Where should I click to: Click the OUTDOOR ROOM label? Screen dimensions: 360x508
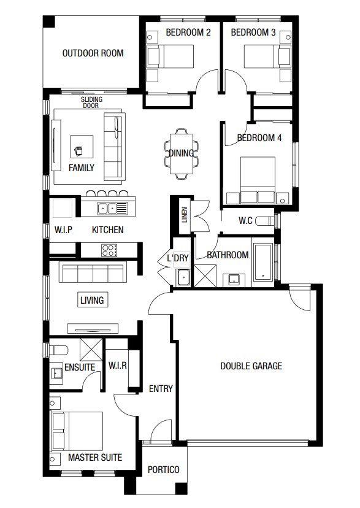pos(93,53)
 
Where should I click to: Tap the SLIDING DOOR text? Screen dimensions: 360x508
pos(91,102)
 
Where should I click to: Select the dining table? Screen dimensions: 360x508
pos(182,154)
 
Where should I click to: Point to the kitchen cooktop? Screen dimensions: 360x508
pos(109,250)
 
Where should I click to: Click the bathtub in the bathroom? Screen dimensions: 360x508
pos(263,263)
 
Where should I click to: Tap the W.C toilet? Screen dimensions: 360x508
pos(265,221)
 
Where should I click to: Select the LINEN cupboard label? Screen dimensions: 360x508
pos(185,215)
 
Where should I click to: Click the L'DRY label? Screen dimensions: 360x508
pos(178,258)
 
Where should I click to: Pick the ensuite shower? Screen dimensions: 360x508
pos(91,350)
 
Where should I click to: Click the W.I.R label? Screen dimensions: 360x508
pos(118,366)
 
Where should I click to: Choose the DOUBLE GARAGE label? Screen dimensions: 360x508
pos(251,366)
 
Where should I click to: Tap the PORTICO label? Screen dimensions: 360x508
pos(164,469)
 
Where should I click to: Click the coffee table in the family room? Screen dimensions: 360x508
pos(82,147)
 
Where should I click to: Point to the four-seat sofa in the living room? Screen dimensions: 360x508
pos(93,274)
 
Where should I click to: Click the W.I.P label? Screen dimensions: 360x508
pos(63,230)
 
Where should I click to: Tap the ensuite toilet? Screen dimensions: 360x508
pos(59,350)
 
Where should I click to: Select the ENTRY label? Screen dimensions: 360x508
pos(161,388)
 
